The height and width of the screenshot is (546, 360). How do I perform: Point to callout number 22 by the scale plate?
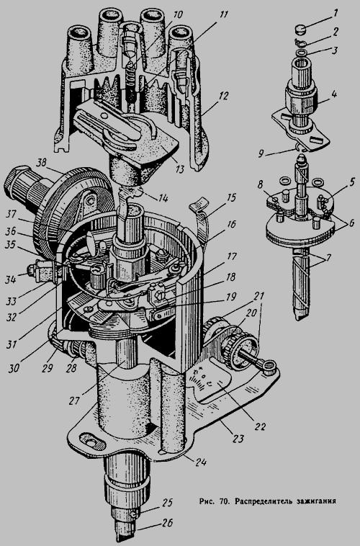[260, 427]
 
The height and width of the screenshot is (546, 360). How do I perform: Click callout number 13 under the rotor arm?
[180, 169]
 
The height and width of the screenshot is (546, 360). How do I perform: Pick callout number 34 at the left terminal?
[11, 279]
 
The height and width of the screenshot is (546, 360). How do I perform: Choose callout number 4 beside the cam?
[334, 94]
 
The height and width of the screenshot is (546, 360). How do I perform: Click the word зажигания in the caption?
[316, 501]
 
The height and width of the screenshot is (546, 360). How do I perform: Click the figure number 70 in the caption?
[224, 501]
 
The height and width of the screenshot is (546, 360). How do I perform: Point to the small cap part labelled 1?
[300, 28]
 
